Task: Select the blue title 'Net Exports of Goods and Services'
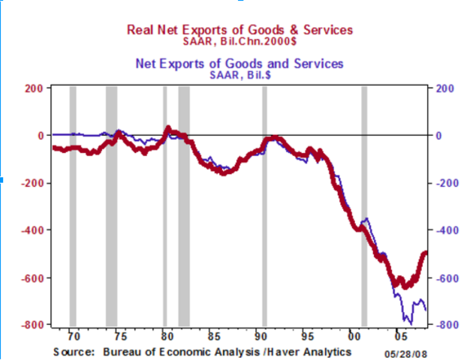point(238,63)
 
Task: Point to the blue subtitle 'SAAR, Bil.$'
point(238,74)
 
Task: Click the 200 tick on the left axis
point(33,88)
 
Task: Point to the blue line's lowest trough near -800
point(410,322)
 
